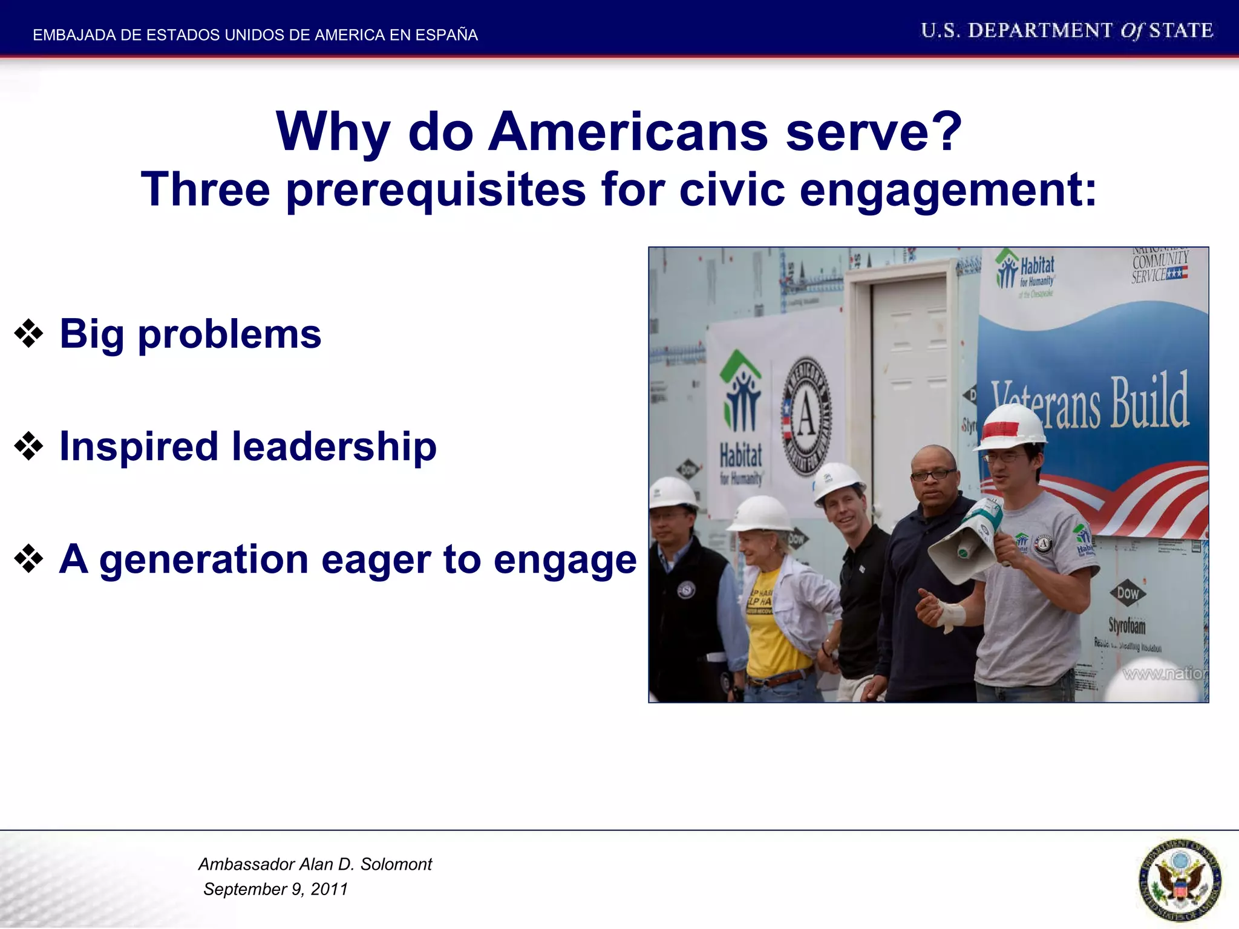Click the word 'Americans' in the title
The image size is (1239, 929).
(627, 132)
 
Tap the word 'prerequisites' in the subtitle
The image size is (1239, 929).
(436, 190)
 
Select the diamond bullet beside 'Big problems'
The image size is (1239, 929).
(28, 334)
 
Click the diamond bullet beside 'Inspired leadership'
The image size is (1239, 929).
(28, 446)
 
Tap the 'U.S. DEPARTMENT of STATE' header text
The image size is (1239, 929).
(1067, 30)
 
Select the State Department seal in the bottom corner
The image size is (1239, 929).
(1179, 880)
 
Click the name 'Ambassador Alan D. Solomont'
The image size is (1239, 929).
(315, 864)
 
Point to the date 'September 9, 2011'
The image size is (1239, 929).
(276, 889)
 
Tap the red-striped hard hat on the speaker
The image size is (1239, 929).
(1009, 426)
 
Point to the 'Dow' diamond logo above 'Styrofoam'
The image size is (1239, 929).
(1127, 593)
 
